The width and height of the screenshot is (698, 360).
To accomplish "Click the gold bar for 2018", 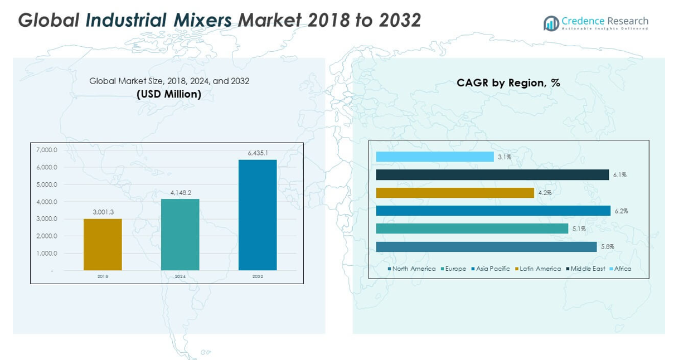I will (103, 245).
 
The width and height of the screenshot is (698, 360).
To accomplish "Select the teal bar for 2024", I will (180, 235).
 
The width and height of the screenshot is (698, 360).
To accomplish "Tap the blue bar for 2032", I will (258, 215).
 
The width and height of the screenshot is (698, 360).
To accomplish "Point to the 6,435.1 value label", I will (258, 153).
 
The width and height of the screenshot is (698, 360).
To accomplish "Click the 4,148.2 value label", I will (180, 193).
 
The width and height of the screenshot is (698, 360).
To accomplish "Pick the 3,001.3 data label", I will (103, 212).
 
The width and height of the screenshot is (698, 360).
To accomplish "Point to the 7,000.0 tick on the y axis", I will (47, 150).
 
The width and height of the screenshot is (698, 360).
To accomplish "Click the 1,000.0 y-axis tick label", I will (47, 253).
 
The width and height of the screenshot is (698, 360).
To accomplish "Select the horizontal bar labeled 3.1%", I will (435, 157).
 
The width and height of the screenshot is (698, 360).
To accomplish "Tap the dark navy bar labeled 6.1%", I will (492, 175).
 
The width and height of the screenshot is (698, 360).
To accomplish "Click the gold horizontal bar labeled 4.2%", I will (455, 193).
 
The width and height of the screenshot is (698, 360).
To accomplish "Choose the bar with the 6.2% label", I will (493, 211).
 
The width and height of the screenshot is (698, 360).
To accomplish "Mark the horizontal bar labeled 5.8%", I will (486, 247).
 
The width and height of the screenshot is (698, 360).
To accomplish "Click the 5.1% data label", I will (578, 229).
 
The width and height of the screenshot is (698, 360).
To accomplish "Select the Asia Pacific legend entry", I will (493, 269).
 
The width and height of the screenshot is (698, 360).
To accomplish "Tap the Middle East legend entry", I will (588, 269).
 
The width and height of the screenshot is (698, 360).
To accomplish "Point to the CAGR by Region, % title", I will (508, 83).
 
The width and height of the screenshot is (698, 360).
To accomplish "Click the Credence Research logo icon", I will (551, 23).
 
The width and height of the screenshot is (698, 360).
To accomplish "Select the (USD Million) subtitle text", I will (169, 94).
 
